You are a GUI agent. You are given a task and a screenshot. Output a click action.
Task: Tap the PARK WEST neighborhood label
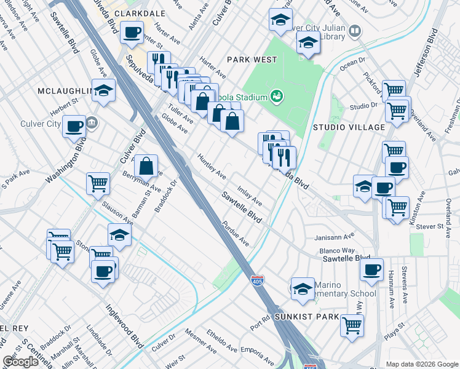pos(252,60)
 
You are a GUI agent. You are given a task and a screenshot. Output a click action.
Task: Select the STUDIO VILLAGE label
pos(348,127)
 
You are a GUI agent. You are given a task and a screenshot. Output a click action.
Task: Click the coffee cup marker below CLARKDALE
pos(131,33)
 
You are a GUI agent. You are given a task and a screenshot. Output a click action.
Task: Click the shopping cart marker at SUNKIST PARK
pos(352,324)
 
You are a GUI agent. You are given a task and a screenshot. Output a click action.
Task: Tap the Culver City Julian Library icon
pos(354,31)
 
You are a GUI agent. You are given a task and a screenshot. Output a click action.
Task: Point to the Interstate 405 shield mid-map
pos(258,280)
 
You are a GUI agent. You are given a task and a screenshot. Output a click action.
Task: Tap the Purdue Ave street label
pos(236,233)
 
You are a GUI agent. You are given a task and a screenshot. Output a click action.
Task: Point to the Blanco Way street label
pos(337,250)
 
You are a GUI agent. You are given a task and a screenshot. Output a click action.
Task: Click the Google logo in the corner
pos(20,361)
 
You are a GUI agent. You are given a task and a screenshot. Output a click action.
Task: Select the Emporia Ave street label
pos(257,353)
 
